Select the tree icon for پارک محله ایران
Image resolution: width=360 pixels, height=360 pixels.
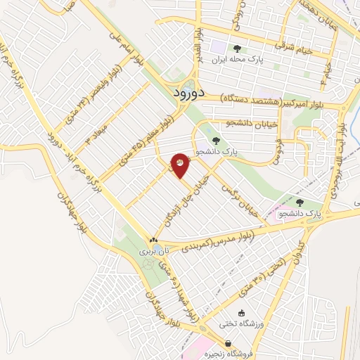[236, 49]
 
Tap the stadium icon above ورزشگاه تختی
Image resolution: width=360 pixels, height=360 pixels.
[243, 312]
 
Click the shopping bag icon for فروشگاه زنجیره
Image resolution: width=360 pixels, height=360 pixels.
[243, 344]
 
